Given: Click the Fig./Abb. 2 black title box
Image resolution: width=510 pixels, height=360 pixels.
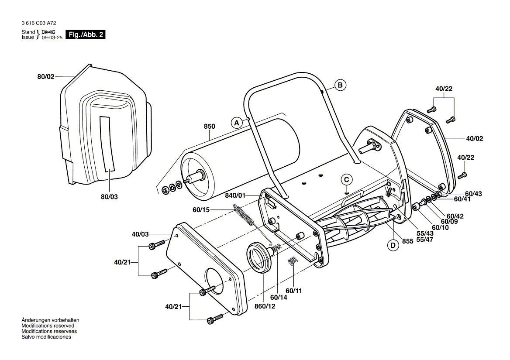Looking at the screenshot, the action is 86,34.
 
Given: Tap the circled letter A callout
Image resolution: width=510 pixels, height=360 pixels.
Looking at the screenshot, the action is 237,123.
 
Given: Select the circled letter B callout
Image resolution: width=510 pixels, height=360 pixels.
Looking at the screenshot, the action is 340,85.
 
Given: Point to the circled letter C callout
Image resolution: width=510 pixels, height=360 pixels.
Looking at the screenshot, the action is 347,180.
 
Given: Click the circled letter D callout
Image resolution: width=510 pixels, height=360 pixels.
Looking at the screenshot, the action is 393,245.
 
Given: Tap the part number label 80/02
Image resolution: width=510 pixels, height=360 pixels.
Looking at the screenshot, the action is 46,77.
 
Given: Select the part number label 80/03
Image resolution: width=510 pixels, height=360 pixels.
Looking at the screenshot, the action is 109,197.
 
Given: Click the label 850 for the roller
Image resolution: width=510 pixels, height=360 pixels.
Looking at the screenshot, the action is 210,127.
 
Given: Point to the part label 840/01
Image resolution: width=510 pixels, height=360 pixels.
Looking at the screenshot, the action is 235,195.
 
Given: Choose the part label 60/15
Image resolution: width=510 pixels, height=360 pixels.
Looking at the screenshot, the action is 201,210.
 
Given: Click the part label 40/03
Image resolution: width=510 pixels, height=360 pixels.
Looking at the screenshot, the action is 140,234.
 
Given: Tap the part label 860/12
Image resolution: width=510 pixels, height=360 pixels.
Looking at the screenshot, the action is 265,306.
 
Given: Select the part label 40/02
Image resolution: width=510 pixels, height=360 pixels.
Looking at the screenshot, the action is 475,139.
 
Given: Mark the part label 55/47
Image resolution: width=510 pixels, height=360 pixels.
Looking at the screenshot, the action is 425,240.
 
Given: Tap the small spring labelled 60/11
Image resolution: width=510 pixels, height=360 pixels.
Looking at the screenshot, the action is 293,261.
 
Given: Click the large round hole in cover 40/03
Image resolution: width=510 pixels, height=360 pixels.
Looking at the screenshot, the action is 214,281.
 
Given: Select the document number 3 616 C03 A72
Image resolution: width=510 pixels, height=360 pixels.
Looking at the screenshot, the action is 39,23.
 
